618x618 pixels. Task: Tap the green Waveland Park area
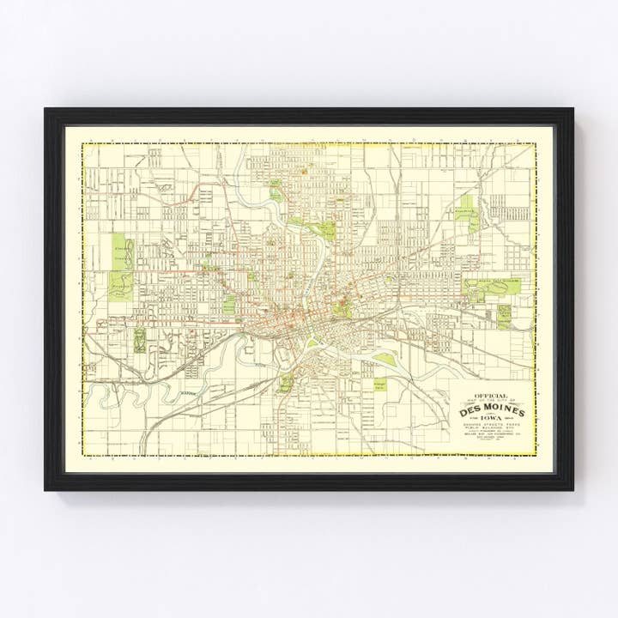pyautogui.click(x=121, y=284)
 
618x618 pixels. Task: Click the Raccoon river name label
pyautogui.click(x=187, y=393)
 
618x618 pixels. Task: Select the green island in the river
pyautogui.click(x=385, y=360)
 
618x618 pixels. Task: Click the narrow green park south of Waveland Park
pyautogui.click(x=139, y=339)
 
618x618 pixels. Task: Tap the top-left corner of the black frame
pyautogui.click(x=45, y=109)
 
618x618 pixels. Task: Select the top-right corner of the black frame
pyautogui.click(x=573, y=109)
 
